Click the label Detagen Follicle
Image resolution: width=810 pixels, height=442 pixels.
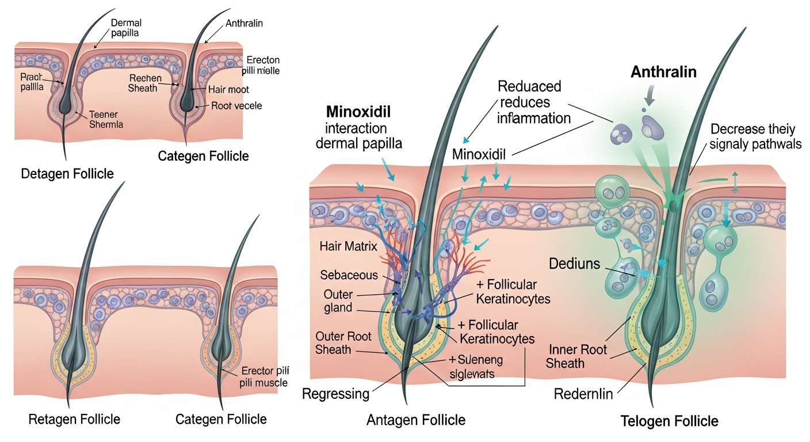[67, 173]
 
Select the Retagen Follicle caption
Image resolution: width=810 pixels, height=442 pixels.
[74, 418]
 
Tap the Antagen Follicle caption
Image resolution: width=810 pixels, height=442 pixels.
[416, 420]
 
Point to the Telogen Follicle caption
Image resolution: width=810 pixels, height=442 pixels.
[670, 421]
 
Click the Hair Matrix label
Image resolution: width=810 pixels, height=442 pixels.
[348, 247]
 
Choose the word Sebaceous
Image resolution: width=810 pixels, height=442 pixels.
[349, 275]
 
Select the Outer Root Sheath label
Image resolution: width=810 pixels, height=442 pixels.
[343, 342]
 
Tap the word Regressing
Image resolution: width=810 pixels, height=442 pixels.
[335, 394]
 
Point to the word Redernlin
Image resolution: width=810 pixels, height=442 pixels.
[583, 394]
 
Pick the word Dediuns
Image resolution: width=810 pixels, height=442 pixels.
[574, 264]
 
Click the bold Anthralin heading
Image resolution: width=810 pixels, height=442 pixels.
[663, 72]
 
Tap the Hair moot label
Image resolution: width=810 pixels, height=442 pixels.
[229, 89]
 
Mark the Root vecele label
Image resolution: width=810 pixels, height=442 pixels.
[236, 105]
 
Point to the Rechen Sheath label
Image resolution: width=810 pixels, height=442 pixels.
[146, 83]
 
